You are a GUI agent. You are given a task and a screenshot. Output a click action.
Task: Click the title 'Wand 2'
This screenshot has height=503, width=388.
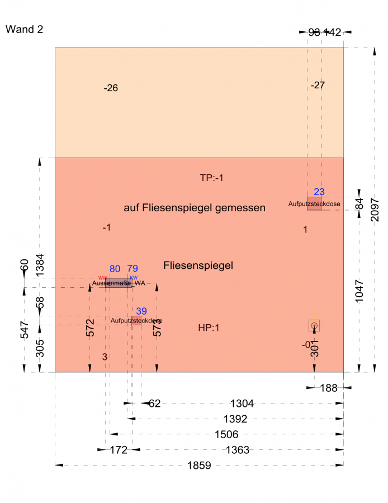pos(23,29)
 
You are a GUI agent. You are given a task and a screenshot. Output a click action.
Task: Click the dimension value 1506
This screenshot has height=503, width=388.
pos(227,434)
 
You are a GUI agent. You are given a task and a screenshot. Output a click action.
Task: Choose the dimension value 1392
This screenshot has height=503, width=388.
pos(235,419)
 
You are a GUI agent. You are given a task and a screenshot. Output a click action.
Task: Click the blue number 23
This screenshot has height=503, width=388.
pos(319,192)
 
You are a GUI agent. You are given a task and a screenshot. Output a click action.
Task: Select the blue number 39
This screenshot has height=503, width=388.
pos(141,311)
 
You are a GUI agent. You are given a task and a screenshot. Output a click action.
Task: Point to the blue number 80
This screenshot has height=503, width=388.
pos(115,269)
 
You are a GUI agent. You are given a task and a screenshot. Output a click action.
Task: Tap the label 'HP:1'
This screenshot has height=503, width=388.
pos(209,328)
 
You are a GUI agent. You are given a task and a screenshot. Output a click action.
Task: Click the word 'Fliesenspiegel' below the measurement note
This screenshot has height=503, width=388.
pos(198,265)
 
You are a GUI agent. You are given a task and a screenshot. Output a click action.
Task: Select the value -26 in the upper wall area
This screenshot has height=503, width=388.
pos(111,88)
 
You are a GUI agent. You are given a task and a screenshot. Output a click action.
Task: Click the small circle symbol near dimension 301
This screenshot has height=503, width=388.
pos(314,325)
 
